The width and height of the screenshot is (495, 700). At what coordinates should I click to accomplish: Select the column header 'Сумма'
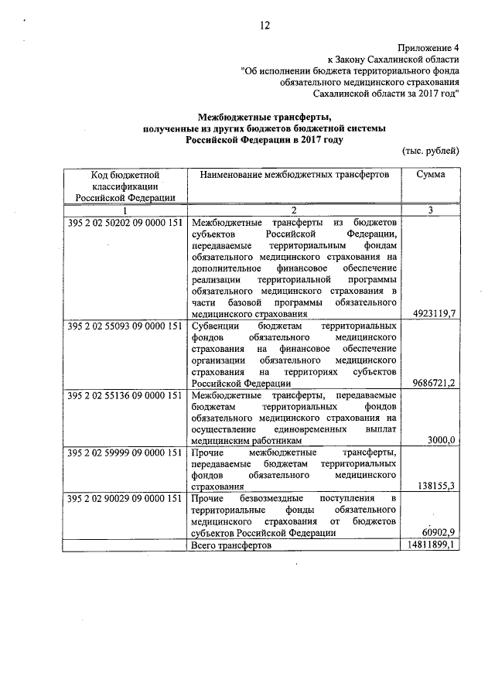pos(430,175)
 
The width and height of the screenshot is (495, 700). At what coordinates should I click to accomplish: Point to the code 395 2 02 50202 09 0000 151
pos(125,223)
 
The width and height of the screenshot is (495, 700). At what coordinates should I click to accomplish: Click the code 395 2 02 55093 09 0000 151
pos(125,326)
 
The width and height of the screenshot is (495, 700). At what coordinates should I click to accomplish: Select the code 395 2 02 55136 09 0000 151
pos(125,396)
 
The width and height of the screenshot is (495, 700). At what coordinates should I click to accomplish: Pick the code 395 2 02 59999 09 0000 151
pos(125,452)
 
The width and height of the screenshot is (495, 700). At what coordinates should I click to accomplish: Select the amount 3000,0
pos(442,440)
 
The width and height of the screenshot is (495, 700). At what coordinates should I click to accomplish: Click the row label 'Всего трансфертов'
pos(231,545)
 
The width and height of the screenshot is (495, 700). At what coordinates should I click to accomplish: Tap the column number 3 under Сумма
pos(430,210)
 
